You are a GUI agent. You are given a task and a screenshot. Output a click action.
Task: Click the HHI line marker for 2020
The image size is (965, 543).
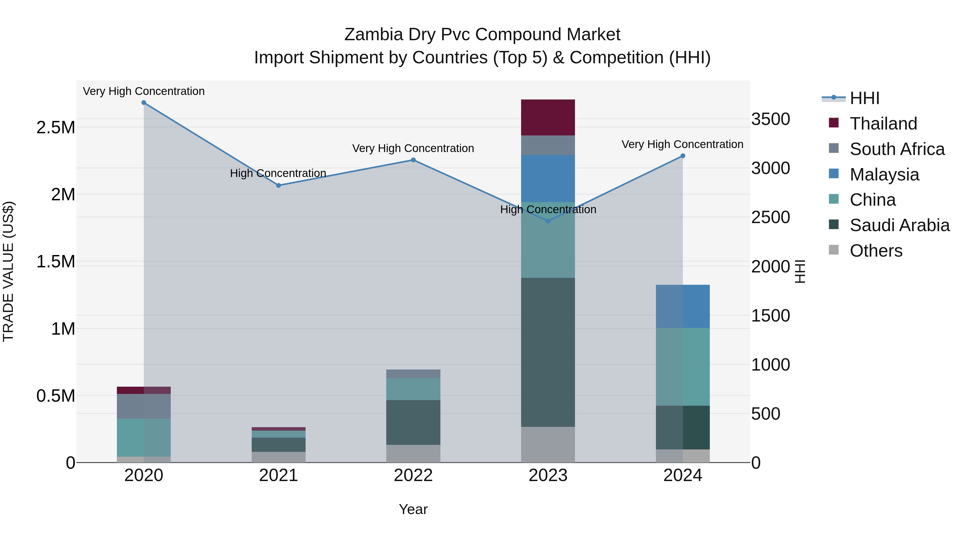(x=144, y=103)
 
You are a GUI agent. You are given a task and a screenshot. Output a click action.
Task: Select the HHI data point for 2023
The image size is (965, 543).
(x=548, y=221)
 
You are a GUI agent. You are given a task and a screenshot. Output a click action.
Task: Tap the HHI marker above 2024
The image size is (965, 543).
(x=682, y=156)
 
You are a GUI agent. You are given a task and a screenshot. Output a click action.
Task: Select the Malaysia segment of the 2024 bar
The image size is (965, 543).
(x=682, y=306)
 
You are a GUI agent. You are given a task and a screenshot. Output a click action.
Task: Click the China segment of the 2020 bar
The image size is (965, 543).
(x=144, y=437)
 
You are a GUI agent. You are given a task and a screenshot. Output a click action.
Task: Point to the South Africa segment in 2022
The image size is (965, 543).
(x=413, y=374)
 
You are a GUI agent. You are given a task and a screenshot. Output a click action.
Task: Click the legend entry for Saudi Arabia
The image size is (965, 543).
(x=899, y=225)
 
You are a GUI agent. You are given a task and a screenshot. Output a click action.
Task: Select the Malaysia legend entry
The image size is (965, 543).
(x=884, y=175)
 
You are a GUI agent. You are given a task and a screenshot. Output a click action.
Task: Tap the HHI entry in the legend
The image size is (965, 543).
(x=864, y=98)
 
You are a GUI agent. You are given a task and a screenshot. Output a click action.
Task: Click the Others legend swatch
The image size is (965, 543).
(x=834, y=250)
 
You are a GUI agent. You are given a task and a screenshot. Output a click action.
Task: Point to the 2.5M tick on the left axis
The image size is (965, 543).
(x=56, y=127)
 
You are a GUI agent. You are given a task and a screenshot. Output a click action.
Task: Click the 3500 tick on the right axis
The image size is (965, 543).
(x=771, y=119)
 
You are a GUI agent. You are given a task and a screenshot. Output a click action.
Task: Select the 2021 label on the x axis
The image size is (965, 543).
(x=278, y=475)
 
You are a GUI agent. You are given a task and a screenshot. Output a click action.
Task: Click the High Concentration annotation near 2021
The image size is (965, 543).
(x=278, y=173)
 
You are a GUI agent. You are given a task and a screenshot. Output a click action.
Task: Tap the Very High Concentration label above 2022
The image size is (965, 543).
(x=413, y=148)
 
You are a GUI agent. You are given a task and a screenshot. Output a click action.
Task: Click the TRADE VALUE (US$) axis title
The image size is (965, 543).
(x=9, y=271)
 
